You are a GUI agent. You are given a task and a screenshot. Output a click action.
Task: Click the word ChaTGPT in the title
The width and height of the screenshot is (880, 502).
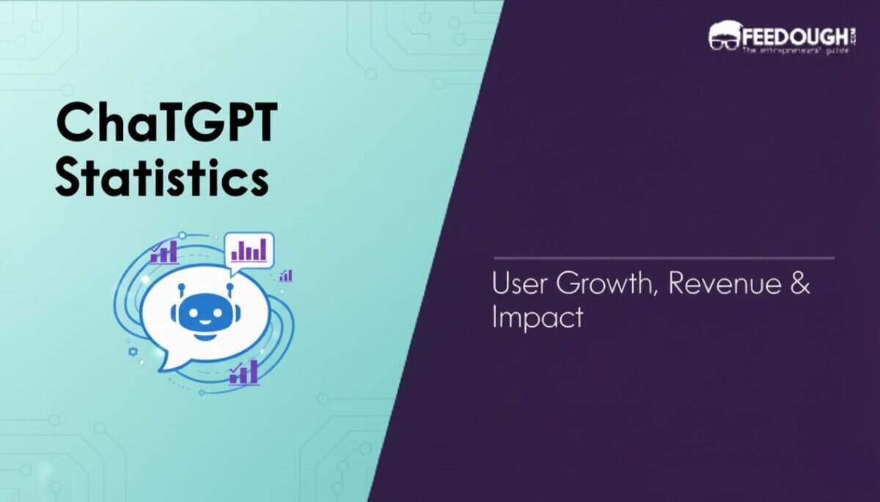(166, 124)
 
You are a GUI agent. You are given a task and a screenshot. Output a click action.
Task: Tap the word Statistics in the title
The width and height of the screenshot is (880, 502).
(161, 177)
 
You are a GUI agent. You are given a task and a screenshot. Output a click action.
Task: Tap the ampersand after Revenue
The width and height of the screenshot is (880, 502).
(801, 284)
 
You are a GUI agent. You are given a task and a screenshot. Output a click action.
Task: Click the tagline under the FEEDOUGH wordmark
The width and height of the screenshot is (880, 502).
(795, 50)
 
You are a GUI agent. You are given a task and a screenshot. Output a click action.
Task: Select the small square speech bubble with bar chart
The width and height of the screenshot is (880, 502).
(249, 251)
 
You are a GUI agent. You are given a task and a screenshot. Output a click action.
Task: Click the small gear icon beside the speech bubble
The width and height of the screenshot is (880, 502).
(133, 352)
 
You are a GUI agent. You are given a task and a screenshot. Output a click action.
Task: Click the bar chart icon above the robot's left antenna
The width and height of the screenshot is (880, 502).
(164, 254)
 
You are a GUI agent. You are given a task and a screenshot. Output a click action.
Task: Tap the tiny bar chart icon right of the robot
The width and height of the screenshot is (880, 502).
(285, 276)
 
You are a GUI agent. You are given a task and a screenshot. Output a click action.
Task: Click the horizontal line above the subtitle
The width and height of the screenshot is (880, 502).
(664, 258)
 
